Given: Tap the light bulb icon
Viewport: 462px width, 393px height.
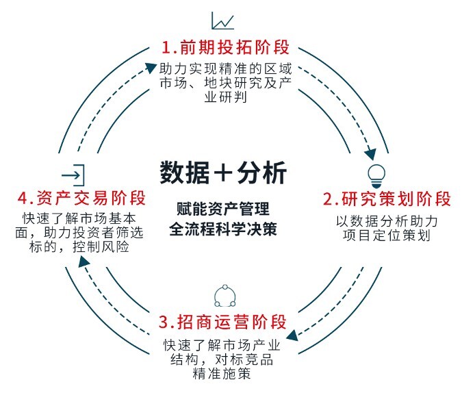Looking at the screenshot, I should [376, 172].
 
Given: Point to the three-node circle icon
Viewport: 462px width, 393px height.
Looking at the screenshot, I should [224, 296].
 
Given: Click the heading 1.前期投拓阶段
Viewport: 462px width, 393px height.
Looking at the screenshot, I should [225, 48].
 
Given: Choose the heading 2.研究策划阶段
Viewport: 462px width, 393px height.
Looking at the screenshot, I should [387, 200].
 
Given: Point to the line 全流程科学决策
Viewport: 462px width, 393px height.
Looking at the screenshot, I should [223, 229].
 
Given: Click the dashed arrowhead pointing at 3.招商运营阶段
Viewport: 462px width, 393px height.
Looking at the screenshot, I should [290, 336].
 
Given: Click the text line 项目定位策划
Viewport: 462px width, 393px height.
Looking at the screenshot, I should [387, 236].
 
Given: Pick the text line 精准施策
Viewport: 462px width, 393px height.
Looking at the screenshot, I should [222, 374].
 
